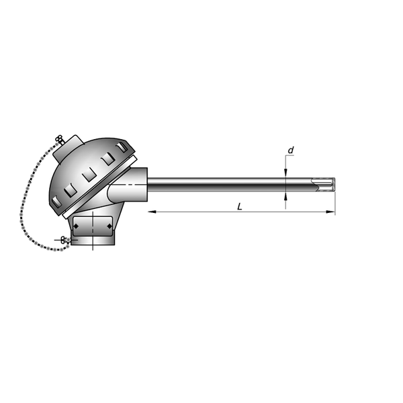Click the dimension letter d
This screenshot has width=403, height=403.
[x=291, y=150]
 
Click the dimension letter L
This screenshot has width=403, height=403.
[x=240, y=206]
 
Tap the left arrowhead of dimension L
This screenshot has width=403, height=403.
[x=152, y=212]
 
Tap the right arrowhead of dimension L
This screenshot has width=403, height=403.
[x=330, y=212]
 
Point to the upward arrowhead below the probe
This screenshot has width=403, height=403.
[x=285, y=196]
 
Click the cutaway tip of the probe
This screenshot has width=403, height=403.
[x=323, y=185]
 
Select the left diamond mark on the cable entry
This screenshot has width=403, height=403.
[x=76, y=226]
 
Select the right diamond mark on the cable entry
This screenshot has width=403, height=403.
[x=109, y=226]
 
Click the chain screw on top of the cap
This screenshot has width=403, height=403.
[x=60, y=139]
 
